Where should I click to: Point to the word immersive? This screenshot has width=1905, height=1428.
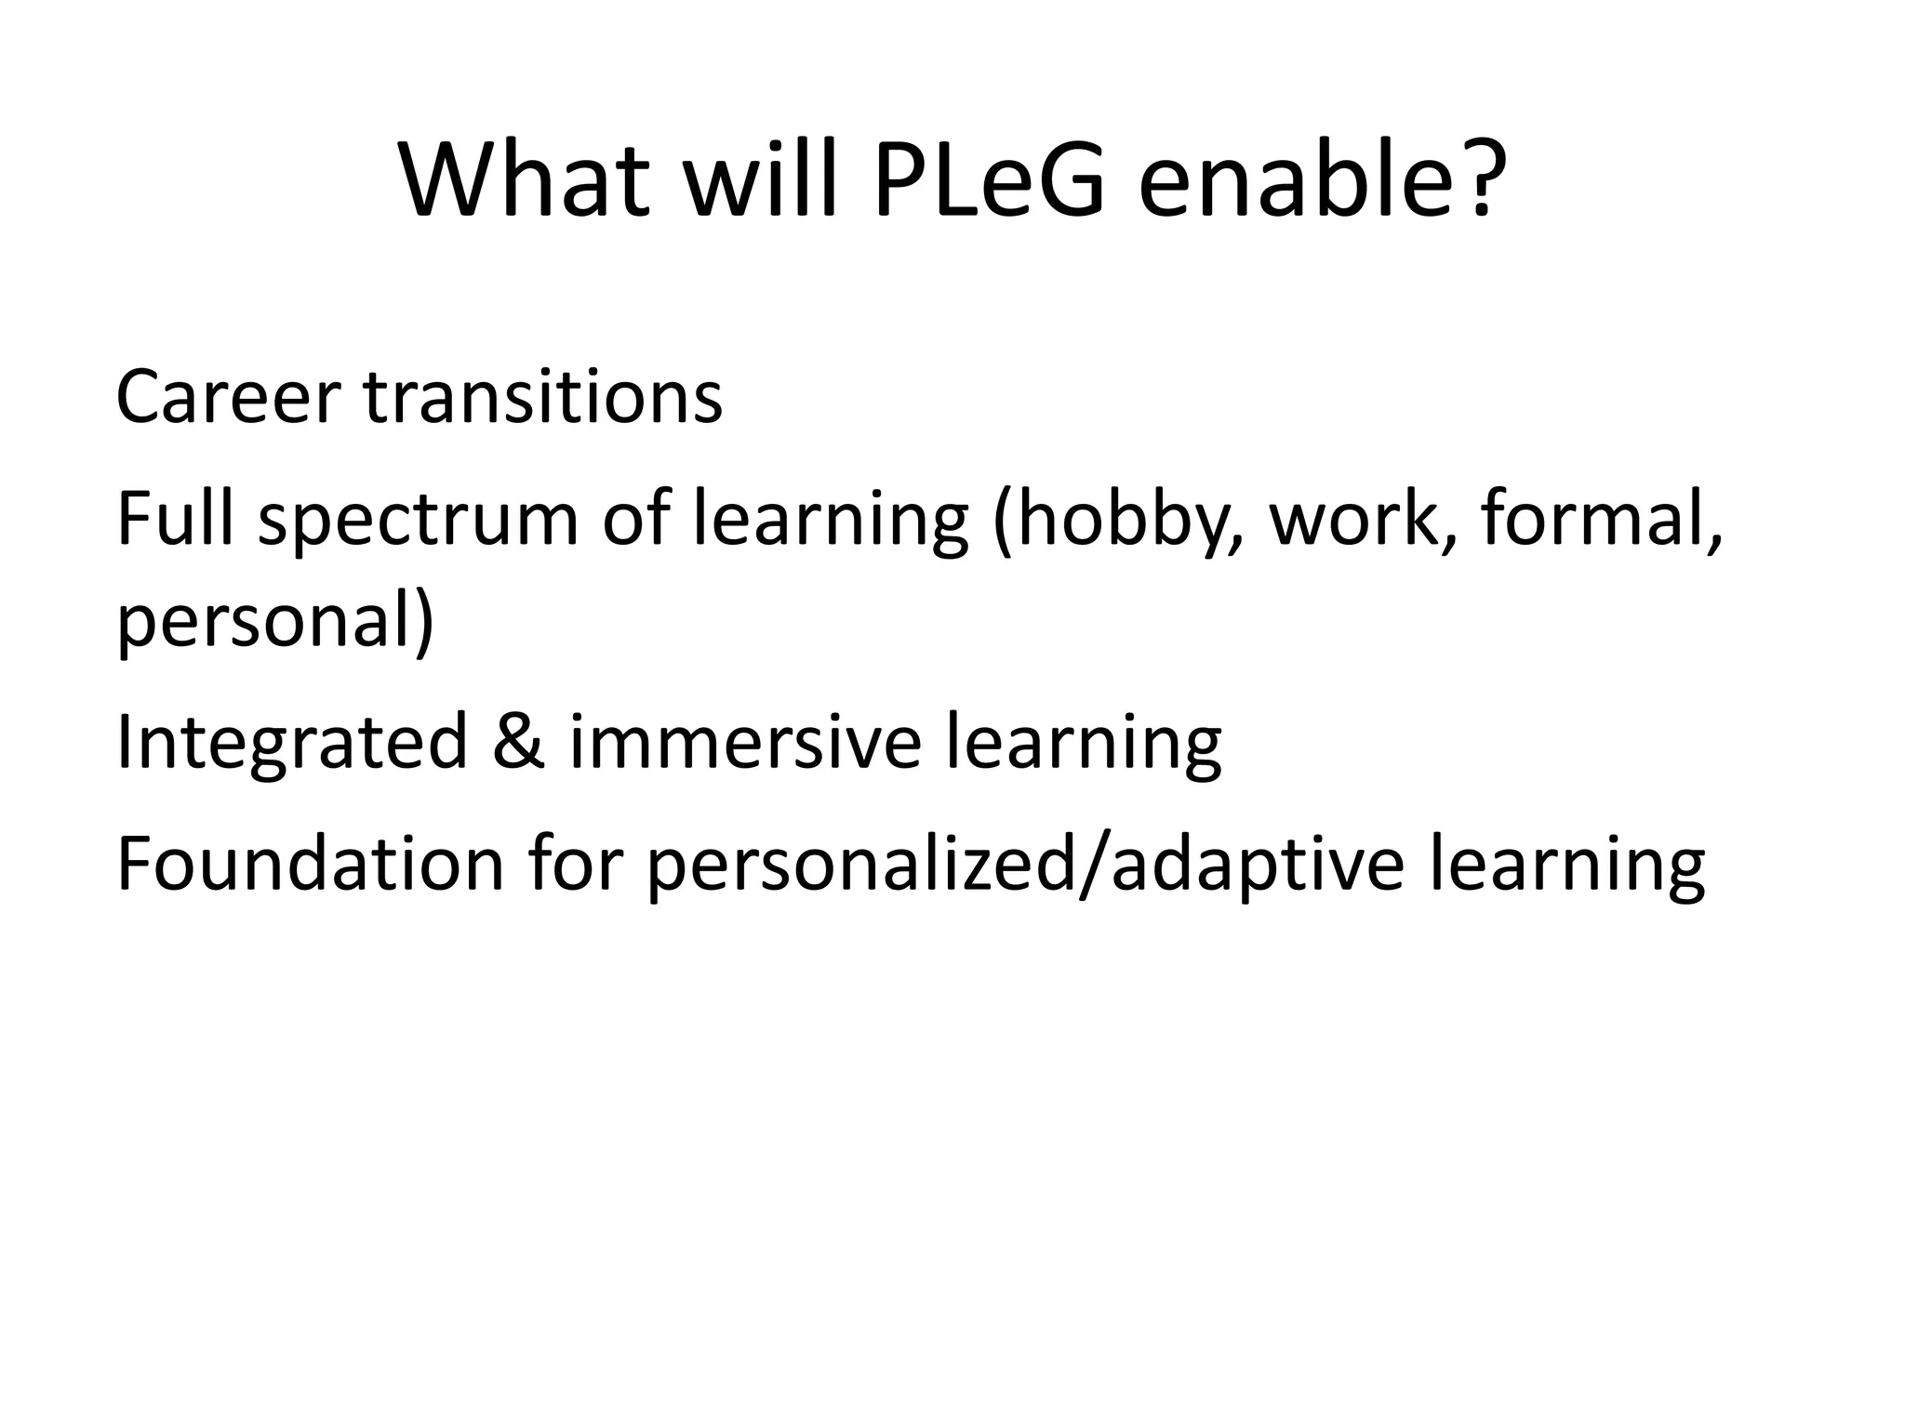[x=745, y=742]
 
